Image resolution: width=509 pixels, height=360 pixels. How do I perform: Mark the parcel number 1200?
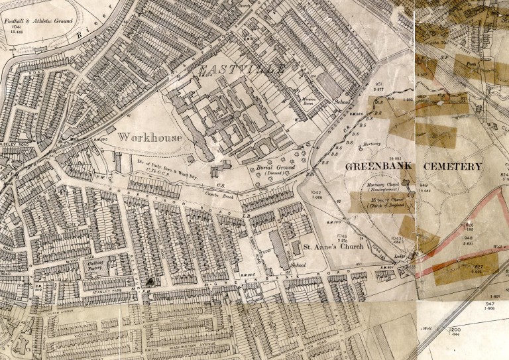tap(455, 330)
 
